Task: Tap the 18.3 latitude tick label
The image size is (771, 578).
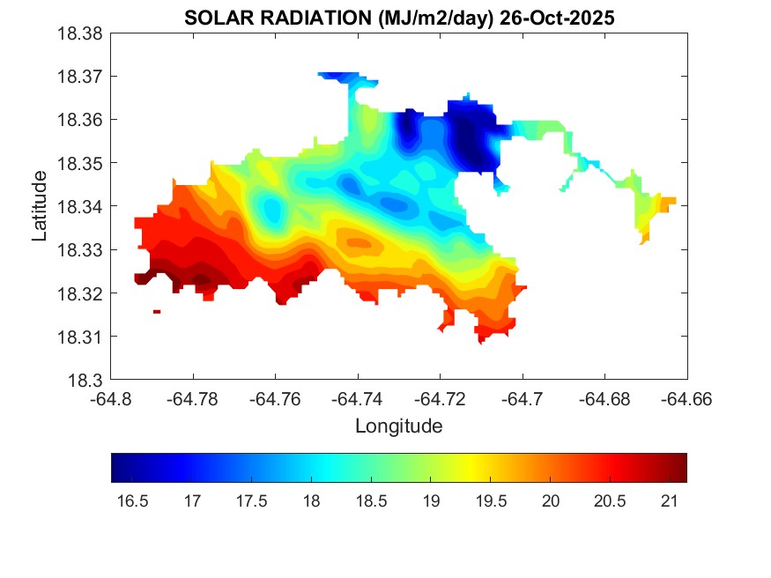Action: click(x=88, y=381)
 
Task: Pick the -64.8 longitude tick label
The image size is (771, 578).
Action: click(x=111, y=399)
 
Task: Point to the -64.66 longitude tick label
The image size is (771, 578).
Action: click(x=687, y=399)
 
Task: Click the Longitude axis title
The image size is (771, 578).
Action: click(x=398, y=426)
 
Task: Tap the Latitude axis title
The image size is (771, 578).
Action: click(x=40, y=207)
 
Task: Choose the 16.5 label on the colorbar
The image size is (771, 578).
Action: click(x=132, y=501)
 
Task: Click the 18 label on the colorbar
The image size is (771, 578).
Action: click(x=311, y=501)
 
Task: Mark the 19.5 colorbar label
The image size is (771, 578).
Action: click(x=490, y=501)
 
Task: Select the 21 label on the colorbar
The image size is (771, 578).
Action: click(x=669, y=501)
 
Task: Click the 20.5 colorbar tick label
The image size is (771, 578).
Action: click(x=609, y=501)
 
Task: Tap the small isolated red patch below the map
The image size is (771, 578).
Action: click(x=157, y=311)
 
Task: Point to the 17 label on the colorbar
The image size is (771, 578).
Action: click(x=191, y=501)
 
